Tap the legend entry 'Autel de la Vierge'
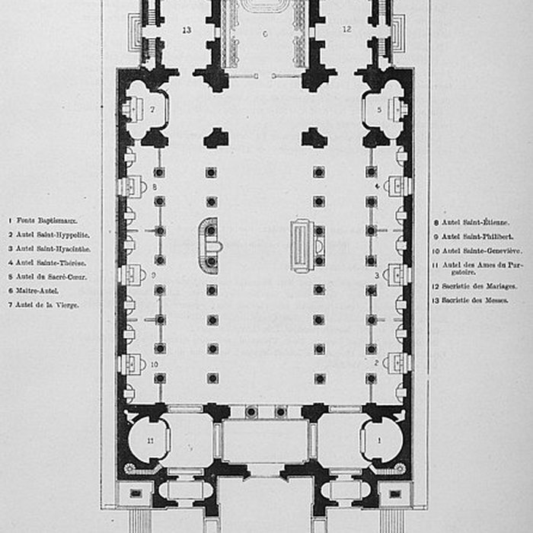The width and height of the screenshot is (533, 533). [43, 305]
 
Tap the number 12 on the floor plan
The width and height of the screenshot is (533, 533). [346, 30]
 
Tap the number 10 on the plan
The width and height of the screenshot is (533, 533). [155, 363]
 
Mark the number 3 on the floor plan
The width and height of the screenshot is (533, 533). [377, 275]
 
